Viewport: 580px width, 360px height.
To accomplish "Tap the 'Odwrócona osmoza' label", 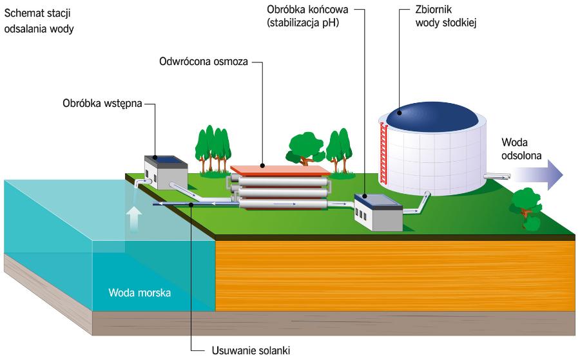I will coord(203,63).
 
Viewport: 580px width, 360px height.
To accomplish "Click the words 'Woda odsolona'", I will coord(521,147).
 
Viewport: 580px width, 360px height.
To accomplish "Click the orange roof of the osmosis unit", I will coord(280,169).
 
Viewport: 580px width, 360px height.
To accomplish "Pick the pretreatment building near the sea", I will coord(164,169).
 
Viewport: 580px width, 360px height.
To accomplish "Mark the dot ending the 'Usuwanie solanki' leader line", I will coord(192,205).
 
